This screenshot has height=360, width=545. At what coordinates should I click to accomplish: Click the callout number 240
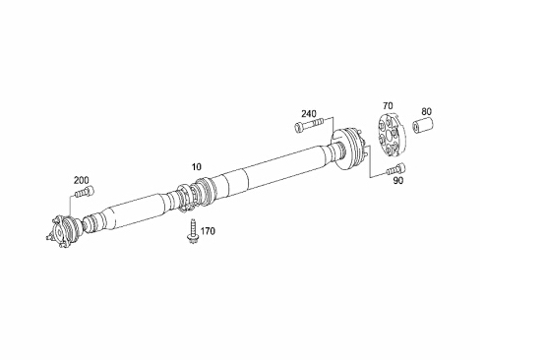(x=309, y=114)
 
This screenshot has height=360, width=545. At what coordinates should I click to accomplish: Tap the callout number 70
(x=388, y=105)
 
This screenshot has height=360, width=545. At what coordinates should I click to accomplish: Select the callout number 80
(x=427, y=111)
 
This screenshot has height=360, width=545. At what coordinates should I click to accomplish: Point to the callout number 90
(x=398, y=181)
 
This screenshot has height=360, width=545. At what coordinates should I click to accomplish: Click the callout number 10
(x=197, y=167)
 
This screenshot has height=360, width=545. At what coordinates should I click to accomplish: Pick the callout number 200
(x=81, y=180)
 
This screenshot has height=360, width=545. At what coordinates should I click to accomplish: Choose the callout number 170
(x=208, y=231)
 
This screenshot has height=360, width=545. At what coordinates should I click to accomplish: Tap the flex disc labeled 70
(x=392, y=134)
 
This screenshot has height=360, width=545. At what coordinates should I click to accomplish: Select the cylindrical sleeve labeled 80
(x=423, y=125)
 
